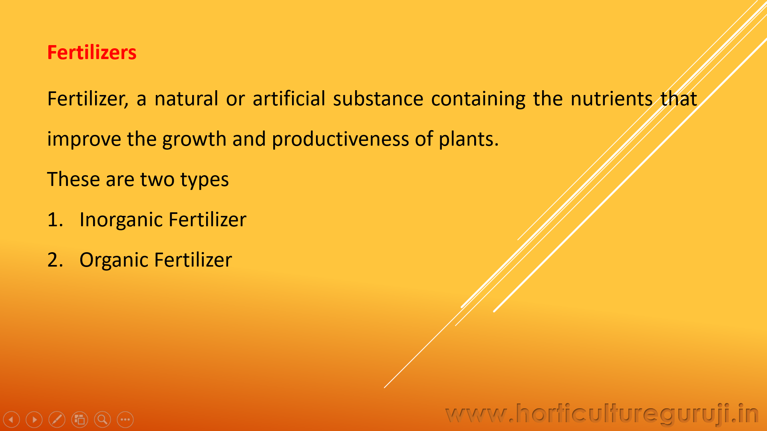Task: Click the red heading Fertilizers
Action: click(x=92, y=52)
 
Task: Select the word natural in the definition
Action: click(x=186, y=99)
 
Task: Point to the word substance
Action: click(x=378, y=99)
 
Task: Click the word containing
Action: click(x=478, y=99)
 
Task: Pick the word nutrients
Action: click(x=612, y=99)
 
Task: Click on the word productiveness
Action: click(x=340, y=139)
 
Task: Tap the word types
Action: click(x=205, y=180)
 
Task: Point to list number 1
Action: click(x=55, y=219)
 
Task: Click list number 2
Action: click(x=55, y=260)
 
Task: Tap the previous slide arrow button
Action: click(x=11, y=419)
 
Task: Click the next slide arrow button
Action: click(x=34, y=419)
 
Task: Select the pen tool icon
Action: click(x=57, y=419)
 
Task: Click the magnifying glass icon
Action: click(x=102, y=419)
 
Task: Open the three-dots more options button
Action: click(x=125, y=419)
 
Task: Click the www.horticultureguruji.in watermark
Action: click(x=602, y=414)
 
